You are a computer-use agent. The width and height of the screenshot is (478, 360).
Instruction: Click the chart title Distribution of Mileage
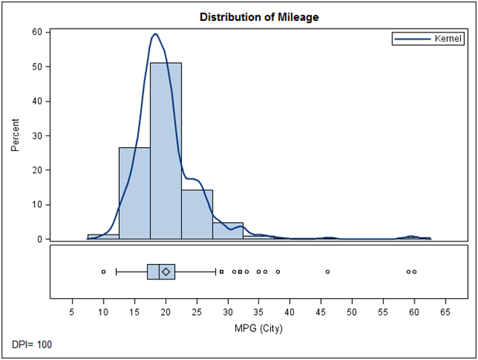pyautogui.click(x=259, y=16)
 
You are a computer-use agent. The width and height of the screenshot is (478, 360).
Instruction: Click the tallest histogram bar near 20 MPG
pyautogui.click(x=166, y=151)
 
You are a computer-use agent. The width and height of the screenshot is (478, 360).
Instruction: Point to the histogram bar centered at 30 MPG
pyautogui.click(x=227, y=231)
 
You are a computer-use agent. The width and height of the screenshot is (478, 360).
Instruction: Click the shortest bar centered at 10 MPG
pyautogui.click(x=103, y=236)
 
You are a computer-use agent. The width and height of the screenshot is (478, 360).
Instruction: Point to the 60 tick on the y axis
pyautogui.click(x=36, y=32)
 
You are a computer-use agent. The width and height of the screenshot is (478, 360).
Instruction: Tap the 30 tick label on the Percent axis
pyautogui.click(x=36, y=135)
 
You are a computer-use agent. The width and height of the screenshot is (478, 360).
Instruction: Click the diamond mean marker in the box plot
pyautogui.click(x=166, y=272)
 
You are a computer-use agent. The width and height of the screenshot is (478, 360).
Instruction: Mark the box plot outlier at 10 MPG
pyautogui.click(x=103, y=272)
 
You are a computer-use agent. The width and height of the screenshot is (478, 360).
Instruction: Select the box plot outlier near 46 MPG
pyautogui.click(x=327, y=272)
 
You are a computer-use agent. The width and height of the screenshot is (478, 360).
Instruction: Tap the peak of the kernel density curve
pyautogui.click(x=155, y=34)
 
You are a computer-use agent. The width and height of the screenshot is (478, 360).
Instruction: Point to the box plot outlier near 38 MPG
pyautogui.click(x=278, y=272)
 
